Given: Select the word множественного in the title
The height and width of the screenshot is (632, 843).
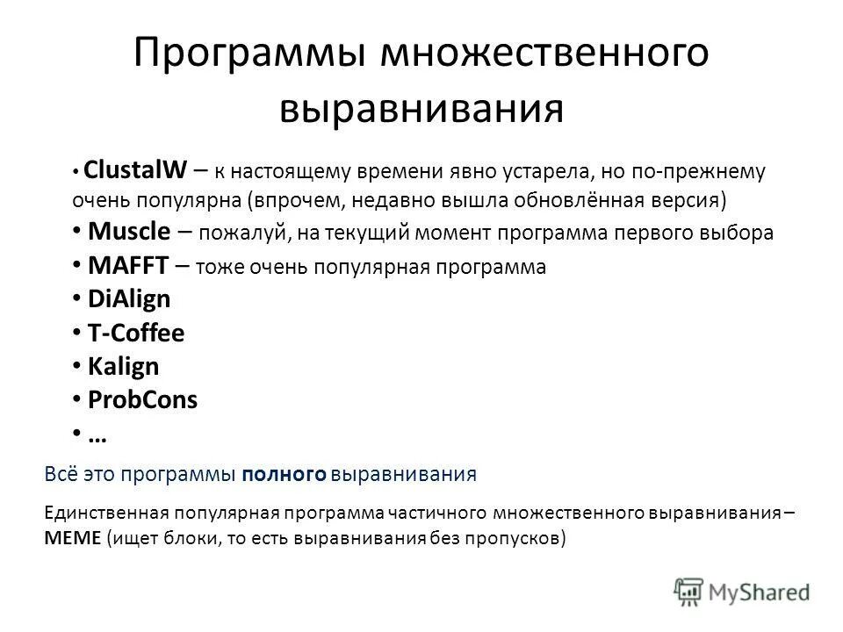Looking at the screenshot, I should [543, 54].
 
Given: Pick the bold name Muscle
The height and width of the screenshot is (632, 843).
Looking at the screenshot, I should [129, 232].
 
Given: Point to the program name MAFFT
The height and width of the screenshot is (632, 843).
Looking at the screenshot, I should [127, 265].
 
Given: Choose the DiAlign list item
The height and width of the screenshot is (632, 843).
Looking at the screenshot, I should [129, 298].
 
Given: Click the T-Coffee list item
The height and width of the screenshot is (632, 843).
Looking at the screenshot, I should [136, 333].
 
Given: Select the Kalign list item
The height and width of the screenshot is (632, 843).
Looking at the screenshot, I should [124, 366].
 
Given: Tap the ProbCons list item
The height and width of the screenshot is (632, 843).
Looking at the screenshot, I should [143, 399].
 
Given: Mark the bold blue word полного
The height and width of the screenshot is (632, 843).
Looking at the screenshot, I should [285, 475].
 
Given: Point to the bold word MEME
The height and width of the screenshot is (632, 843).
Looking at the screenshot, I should [71, 537].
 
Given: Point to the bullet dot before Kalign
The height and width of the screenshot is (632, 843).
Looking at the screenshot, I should [76, 366].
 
